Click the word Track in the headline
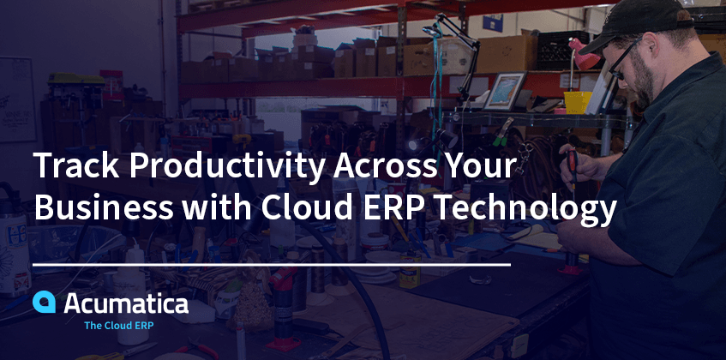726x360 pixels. (x=76, y=165)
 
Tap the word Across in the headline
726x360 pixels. (x=385, y=165)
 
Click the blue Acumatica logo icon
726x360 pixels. (x=44, y=302)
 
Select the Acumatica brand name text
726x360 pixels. (x=126, y=303)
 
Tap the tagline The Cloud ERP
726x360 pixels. (x=118, y=326)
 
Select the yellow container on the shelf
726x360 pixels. (x=578, y=102)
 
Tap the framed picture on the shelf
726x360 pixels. (x=505, y=91)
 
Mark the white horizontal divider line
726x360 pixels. (x=272, y=265)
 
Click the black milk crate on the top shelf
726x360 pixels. (x=562, y=51)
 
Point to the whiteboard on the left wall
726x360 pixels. (x=17, y=99)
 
